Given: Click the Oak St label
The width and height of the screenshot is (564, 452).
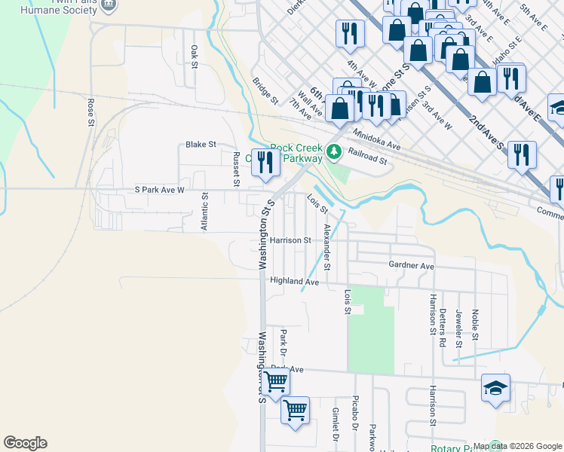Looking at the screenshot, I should point(194,57).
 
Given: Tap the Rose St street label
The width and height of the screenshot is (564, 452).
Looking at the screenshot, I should point(90,111).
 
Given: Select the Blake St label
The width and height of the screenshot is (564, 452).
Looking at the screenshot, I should point(201,144).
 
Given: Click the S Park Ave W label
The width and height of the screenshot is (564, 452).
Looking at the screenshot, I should point(159,190).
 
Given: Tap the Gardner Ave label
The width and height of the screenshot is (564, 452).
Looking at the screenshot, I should point(411,266).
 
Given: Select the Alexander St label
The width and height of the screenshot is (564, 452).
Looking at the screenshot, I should point(326,246).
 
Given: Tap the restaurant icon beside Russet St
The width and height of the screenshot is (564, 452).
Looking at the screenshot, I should point(264,163).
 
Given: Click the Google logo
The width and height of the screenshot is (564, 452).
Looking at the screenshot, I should point(25,443).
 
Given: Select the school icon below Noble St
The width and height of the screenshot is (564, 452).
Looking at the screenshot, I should point(495,389).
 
